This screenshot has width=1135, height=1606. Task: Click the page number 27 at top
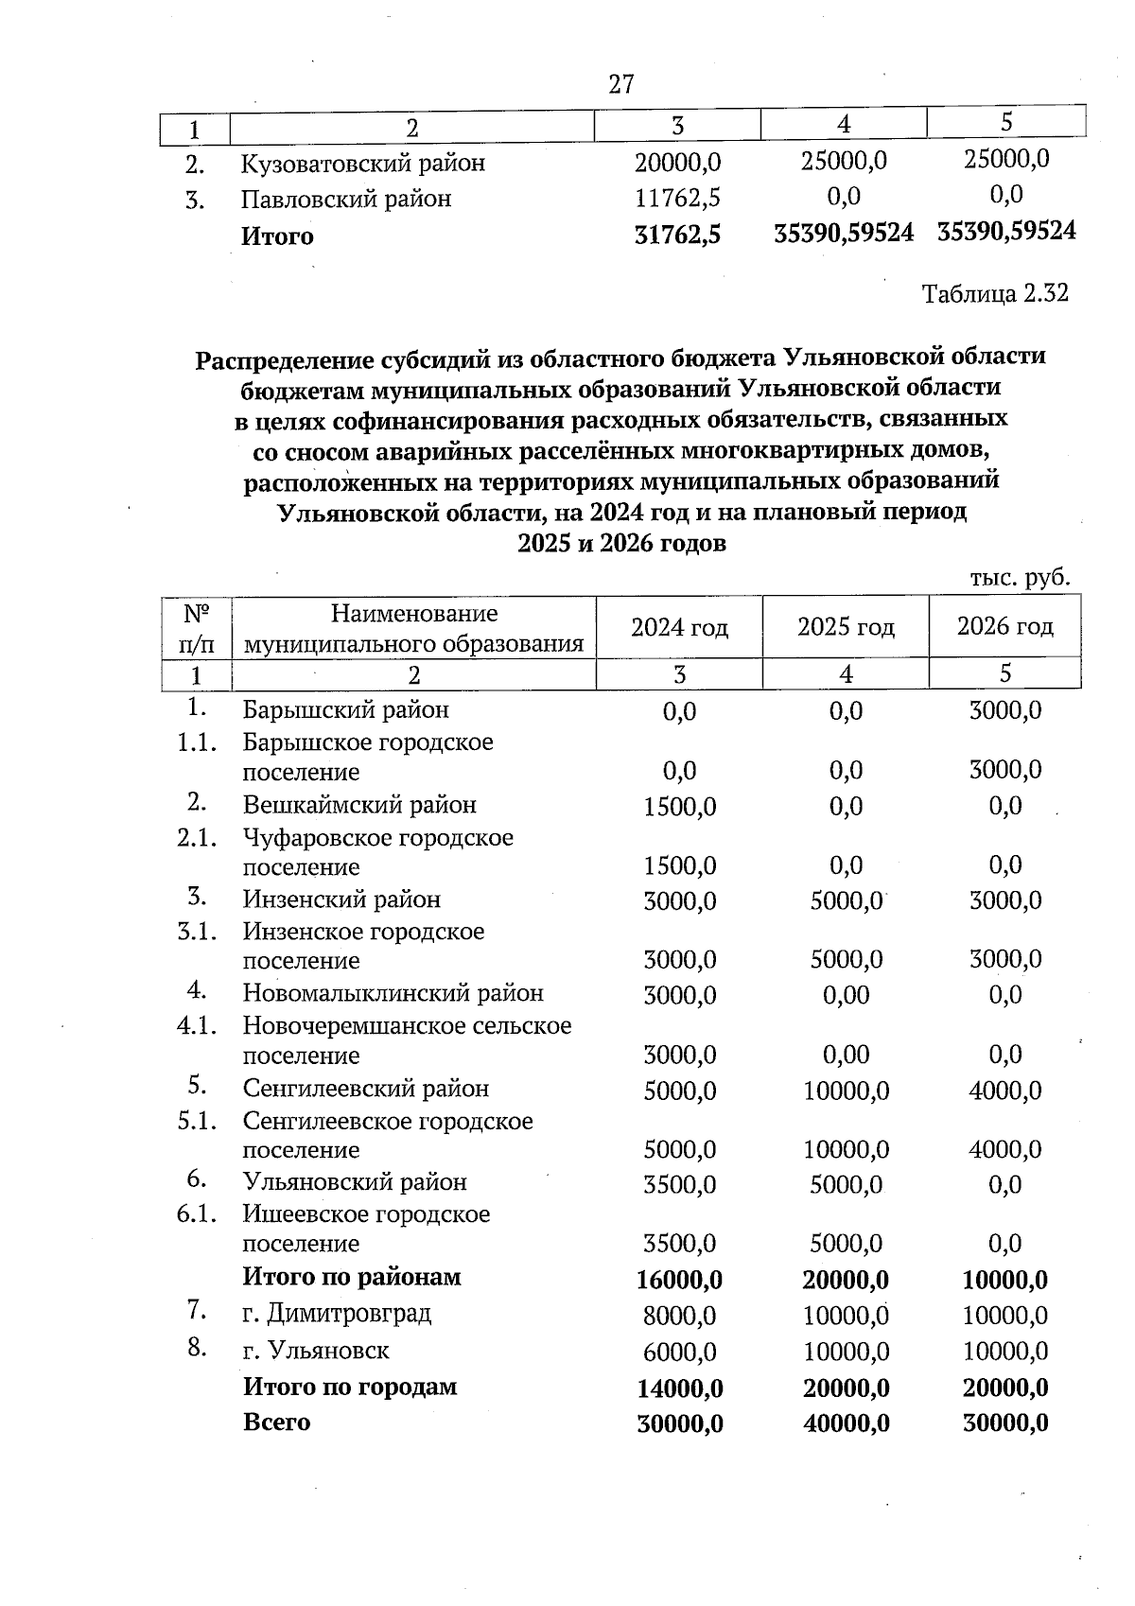[x=621, y=84]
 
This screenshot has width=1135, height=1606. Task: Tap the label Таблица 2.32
[x=995, y=293]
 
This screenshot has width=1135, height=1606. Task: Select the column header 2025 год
[x=846, y=626]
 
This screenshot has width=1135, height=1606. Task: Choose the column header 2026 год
[x=1004, y=626]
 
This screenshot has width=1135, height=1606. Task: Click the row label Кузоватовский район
[x=363, y=164]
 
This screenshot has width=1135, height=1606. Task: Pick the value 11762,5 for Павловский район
[x=677, y=199]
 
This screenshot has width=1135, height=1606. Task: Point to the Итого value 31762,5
[x=677, y=236]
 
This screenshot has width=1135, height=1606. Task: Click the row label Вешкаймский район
[x=359, y=805]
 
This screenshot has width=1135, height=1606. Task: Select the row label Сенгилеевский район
[x=366, y=1089]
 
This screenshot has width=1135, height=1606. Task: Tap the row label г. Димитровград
[x=337, y=1313]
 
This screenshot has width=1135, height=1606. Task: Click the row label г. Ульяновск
[x=316, y=1350]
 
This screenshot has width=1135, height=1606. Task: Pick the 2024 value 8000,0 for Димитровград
[x=679, y=1316]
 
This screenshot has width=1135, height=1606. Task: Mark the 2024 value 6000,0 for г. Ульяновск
[x=679, y=1352]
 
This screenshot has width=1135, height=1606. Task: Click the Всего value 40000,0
[x=846, y=1423]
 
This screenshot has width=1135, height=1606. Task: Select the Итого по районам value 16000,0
[x=679, y=1281]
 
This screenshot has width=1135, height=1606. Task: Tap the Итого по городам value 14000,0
[x=680, y=1388]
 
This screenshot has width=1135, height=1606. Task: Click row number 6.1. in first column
[x=197, y=1213]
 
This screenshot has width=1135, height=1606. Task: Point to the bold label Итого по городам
[x=350, y=1387]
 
